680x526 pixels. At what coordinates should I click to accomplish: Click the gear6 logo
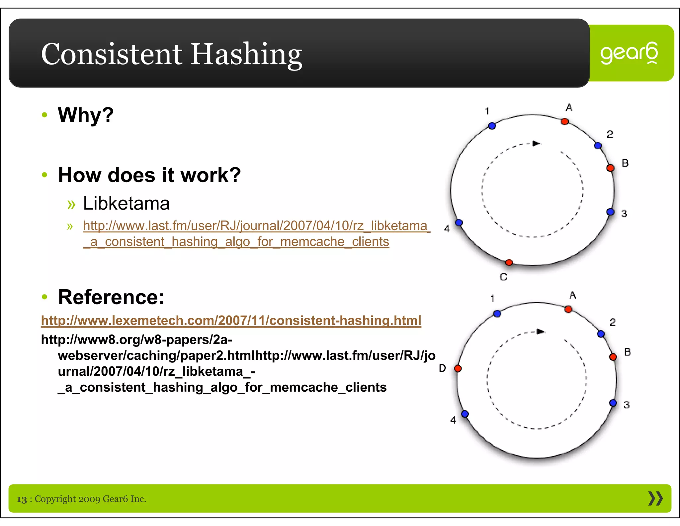pos(629,53)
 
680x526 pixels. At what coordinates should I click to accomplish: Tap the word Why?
pos(86,115)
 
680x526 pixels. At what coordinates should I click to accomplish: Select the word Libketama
pos(126,203)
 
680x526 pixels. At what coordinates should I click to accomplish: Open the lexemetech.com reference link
pos(231,321)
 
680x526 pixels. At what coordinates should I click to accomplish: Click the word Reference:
pos(111,297)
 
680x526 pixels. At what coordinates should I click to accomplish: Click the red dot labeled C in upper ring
pos(509,263)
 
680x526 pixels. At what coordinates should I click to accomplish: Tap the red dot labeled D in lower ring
pos(458,368)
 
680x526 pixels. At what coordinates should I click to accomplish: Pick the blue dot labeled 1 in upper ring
pos(492,126)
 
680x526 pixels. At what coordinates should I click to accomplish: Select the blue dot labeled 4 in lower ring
pos(465,414)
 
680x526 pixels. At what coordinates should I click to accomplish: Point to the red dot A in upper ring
pos(564,122)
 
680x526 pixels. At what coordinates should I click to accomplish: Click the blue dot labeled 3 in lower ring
pos(613,403)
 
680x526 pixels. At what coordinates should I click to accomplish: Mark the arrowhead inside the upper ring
pos(536,144)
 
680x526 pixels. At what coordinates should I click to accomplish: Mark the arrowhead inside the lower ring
pos(541,332)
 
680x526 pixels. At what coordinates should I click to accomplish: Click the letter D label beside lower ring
pos(442,368)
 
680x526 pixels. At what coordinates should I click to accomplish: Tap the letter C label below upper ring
pos(503,277)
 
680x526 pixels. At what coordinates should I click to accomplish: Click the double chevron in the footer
pos(655,498)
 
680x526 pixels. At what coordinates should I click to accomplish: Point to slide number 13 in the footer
pos(22,499)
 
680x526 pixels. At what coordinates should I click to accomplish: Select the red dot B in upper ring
pos(610,168)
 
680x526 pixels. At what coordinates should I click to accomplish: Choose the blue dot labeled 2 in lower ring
pos(601,334)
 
